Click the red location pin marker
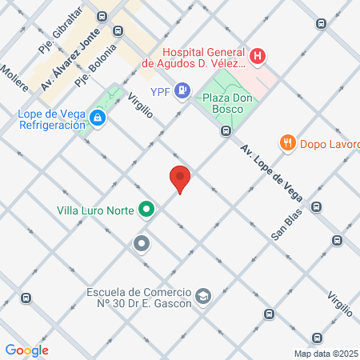pos(180,178)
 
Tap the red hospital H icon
pos(258,56)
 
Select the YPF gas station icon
pos(182,90)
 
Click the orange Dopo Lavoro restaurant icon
pos(287,144)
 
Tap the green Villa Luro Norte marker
pos(146,210)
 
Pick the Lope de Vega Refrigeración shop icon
pos(98,119)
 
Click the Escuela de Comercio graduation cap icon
pos(203,297)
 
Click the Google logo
pos(26,350)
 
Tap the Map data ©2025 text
pos(325,354)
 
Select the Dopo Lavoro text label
pos(328,144)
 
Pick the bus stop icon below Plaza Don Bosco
pos(226,130)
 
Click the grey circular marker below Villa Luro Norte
pos(142,242)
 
